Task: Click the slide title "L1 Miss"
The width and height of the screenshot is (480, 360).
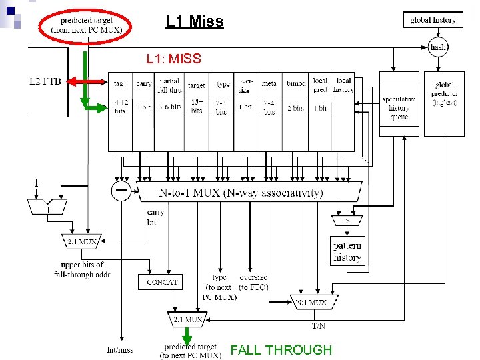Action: pos(195,21)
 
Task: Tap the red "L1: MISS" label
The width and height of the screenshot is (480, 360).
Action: pos(173,59)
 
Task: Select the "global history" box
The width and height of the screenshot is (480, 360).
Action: pos(433,20)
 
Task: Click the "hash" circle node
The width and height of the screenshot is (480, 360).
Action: pos(438,47)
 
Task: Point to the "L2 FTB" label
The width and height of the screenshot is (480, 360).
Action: pos(45,81)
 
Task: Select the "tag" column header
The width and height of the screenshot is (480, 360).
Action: pos(119,84)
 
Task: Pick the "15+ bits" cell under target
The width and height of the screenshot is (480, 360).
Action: pos(197,106)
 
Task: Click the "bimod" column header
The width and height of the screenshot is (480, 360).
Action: pos(296,84)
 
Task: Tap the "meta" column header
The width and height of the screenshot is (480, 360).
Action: pos(269,84)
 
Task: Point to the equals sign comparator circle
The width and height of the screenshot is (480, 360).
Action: pos(121,192)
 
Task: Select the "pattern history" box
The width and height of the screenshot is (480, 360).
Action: pos(347,251)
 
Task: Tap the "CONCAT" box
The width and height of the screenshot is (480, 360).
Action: pos(162,282)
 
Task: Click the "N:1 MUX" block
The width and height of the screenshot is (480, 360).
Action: pos(311,302)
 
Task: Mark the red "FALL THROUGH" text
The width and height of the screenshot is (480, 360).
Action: pos(281,350)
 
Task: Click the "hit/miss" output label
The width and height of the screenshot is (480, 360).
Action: pos(120,349)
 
